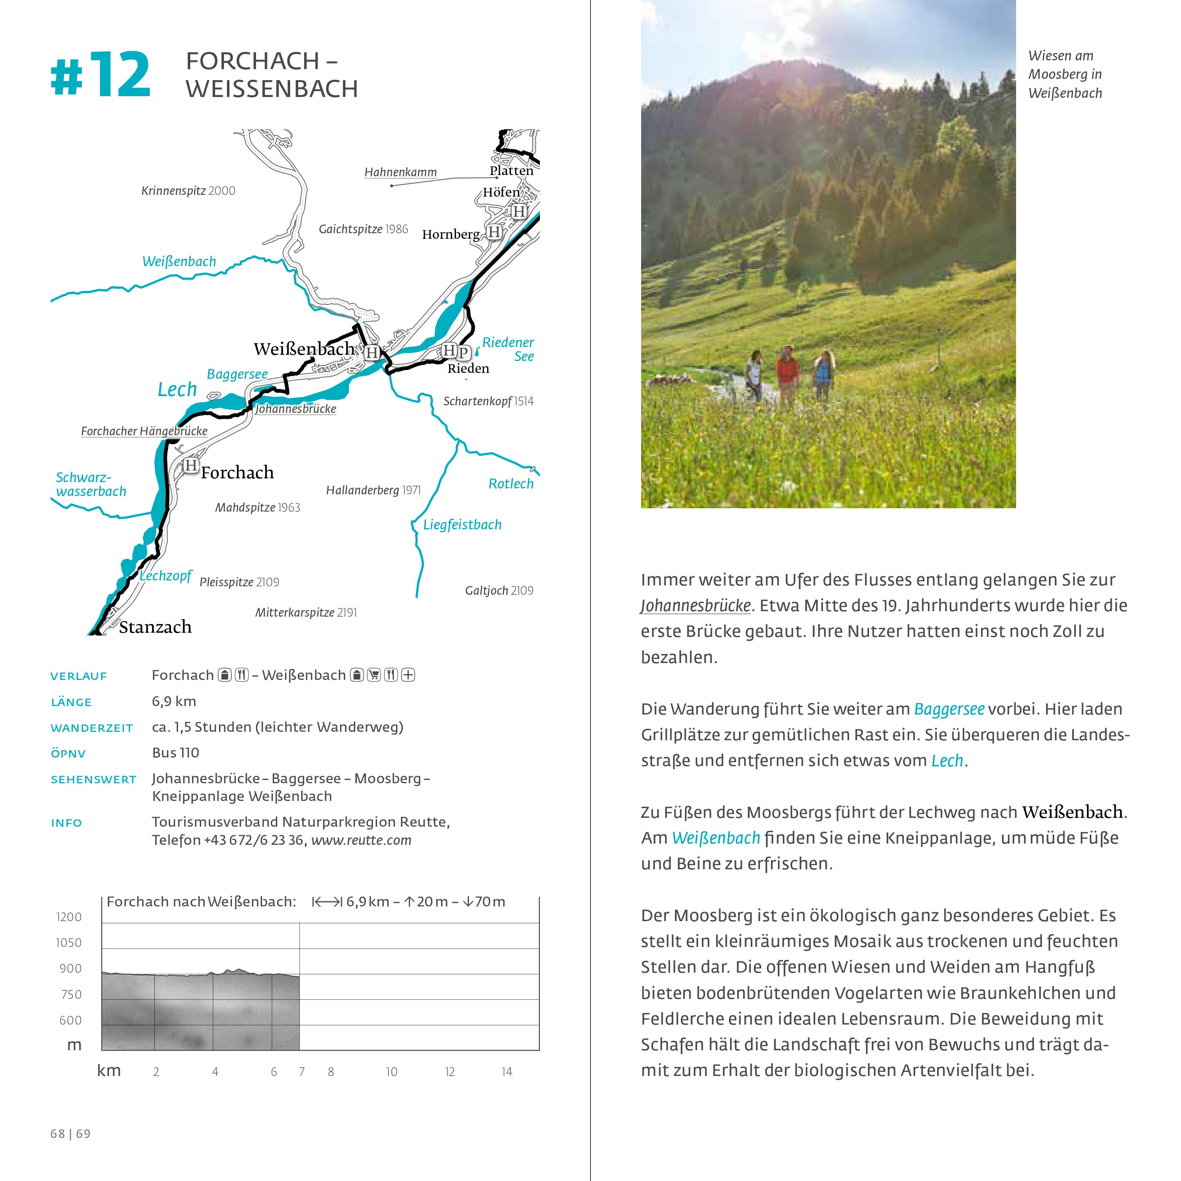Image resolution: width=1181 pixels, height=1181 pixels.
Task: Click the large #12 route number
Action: click(101, 75)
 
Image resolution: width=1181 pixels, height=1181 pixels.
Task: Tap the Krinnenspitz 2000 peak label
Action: click(188, 191)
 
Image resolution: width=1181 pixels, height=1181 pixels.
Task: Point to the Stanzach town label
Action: click(155, 627)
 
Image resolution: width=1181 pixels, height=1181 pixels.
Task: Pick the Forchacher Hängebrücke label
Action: click(144, 431)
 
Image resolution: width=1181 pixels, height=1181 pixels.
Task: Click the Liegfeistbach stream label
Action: click(462, 524)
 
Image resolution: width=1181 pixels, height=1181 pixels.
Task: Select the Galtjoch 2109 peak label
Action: click(499, 590)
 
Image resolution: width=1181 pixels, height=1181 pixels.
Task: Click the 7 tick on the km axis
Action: click(301, 1071)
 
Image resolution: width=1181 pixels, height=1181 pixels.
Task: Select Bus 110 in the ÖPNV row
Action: click(175, 752)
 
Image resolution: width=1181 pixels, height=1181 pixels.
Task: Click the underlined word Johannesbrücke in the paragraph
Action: click(696, 605)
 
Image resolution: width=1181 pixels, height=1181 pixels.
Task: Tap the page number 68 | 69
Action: click(70, 1133)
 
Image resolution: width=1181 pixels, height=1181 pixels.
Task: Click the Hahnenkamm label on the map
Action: click(400, 173)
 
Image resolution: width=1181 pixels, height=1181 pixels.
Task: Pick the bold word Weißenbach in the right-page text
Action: click(1073, 812)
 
